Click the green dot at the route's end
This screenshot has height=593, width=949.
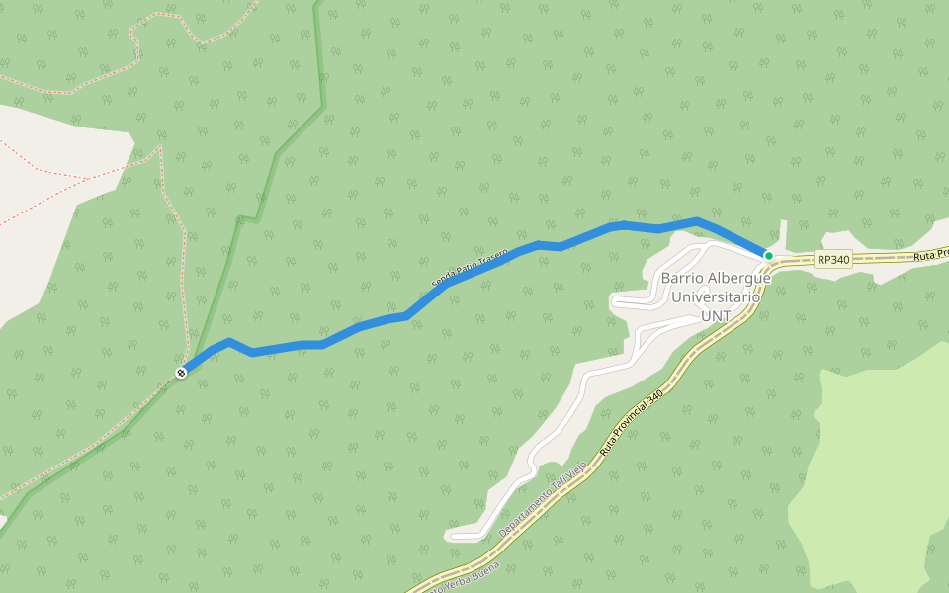tap(768, 256)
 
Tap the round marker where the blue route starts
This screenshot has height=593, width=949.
tap(181, 373)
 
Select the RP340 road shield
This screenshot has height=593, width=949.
tap(833, 260)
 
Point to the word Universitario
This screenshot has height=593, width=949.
tap(717, 296)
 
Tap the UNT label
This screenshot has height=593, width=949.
tap(716, 315)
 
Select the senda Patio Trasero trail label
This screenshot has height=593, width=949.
tap(470, 268)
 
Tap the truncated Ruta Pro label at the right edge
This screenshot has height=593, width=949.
tap(930, 254)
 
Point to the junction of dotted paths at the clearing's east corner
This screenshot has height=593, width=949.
tap(159, 149)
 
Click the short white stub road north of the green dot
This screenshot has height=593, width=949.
tap(783, 233)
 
